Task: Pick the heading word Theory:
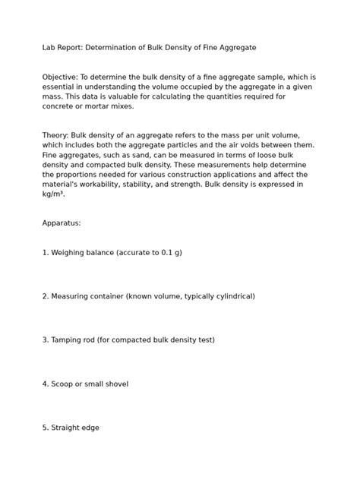pos(56,135)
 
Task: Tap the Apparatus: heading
pos(62,223)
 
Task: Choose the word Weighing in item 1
pos(69,252)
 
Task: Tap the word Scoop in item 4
pos(64,384)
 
